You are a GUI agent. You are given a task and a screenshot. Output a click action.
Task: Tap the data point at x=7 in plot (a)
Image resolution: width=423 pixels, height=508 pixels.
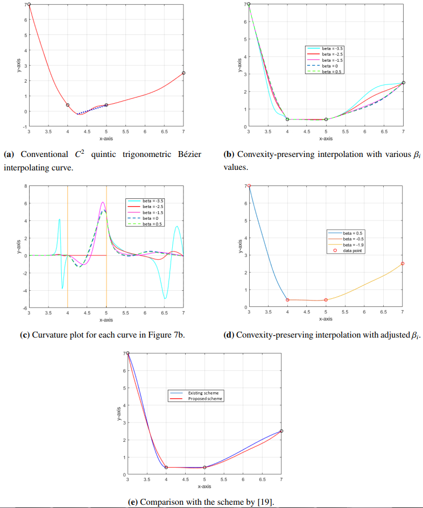184,73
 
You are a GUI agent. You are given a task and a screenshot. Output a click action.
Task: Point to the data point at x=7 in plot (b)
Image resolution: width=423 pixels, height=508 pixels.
403,83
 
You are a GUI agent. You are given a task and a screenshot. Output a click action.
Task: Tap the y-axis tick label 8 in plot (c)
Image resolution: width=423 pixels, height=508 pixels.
25,186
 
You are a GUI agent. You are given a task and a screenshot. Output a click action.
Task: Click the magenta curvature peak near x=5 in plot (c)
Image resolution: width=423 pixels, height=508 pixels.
103,203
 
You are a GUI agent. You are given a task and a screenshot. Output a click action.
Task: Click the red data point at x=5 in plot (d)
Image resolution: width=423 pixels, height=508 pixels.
326,300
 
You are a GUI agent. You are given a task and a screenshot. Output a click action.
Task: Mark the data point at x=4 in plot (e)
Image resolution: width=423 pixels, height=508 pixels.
166,467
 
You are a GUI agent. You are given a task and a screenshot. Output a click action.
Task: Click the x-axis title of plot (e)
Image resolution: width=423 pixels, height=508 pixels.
204,486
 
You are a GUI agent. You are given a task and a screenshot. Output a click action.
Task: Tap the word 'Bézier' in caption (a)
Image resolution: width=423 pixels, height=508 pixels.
188,155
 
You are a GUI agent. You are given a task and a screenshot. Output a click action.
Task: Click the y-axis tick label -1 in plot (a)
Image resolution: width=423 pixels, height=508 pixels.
24,127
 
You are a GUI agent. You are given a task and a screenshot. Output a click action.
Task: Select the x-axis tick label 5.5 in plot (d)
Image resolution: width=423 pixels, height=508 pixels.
345,312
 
